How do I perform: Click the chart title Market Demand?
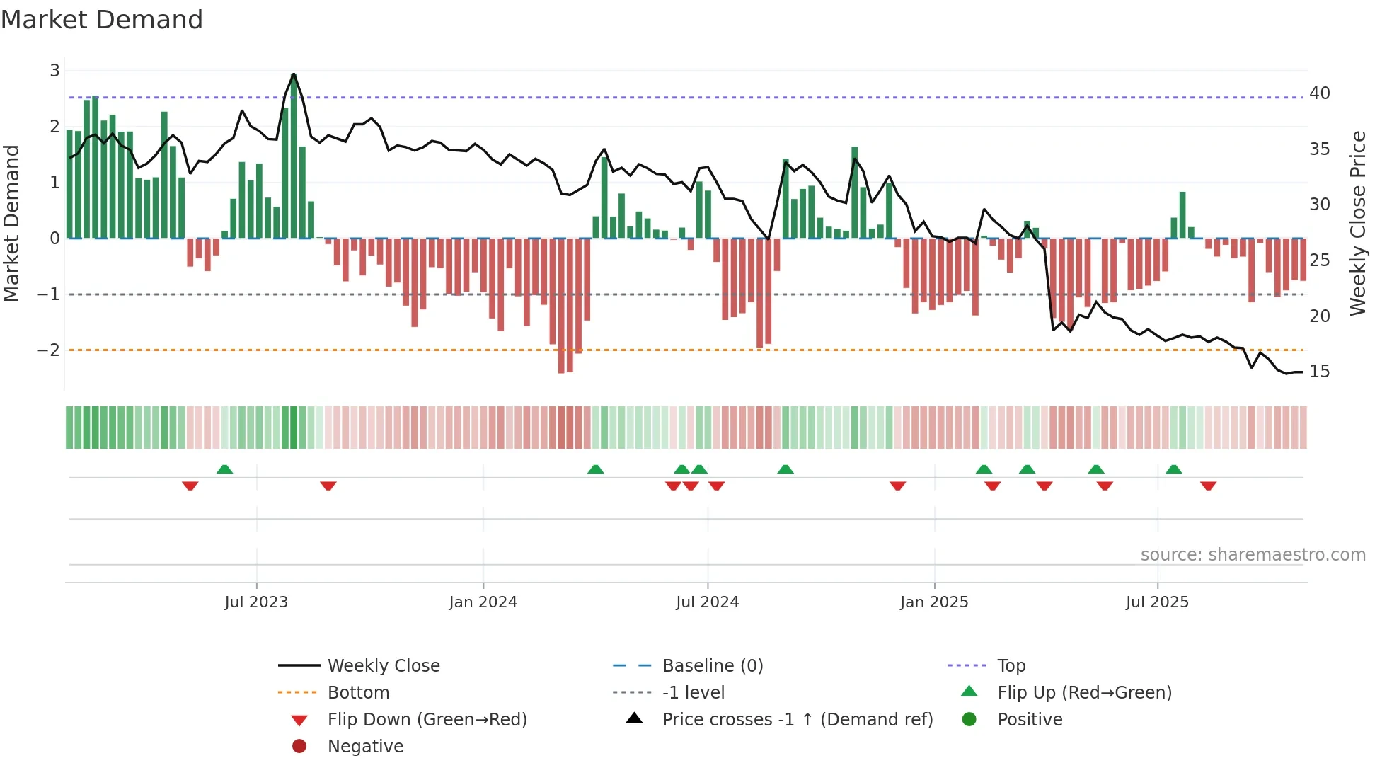[102, 20]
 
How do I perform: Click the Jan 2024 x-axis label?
[483, 602]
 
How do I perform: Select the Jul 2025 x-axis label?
[1157, 602]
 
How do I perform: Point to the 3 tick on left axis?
[54, 71]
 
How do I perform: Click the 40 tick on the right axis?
[1319, 93]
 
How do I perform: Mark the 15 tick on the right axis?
[1319, 372]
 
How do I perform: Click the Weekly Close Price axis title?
[1357, 223]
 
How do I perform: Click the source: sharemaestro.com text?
[1253, 555]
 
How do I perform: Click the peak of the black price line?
[294, 74]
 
